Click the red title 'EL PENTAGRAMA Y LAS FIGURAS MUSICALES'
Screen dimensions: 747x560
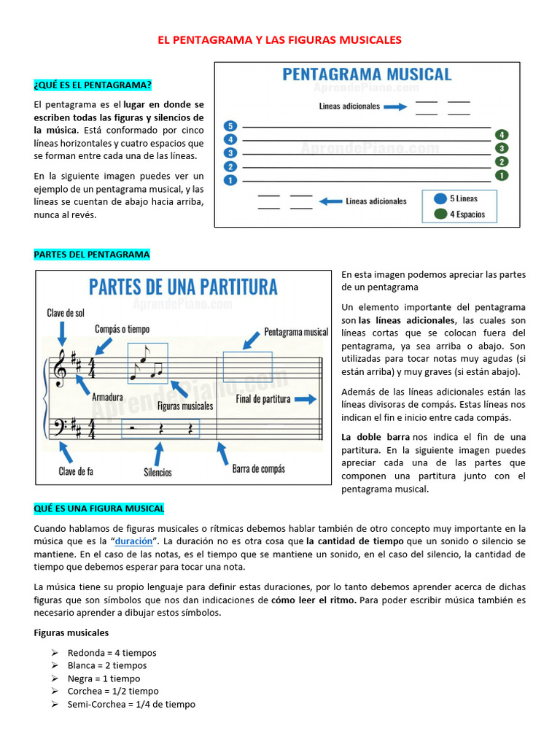(x=280, y=39)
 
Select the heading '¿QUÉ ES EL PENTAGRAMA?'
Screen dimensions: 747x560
(x=93, y=86)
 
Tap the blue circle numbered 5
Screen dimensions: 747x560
(x=230, y=126)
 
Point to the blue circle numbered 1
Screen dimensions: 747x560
(x=230, y=179)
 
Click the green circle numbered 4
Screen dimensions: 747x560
(x=501, y=135)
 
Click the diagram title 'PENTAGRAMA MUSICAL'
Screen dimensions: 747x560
(x=366, y=74)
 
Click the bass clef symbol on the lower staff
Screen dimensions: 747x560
(x=58, y=425)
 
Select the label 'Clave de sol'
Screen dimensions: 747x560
(x=66, y=313)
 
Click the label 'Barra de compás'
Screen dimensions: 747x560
(x=258, y=469)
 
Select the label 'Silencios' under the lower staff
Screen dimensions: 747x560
(x=157, y=472)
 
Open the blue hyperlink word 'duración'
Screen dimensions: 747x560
(x=134, y=541)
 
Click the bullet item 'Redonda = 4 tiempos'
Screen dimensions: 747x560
(x=112, y=653)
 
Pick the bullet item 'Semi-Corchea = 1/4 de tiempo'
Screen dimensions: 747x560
(x=131, y=704)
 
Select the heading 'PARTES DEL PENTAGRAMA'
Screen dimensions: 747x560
(x=92, y=255)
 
